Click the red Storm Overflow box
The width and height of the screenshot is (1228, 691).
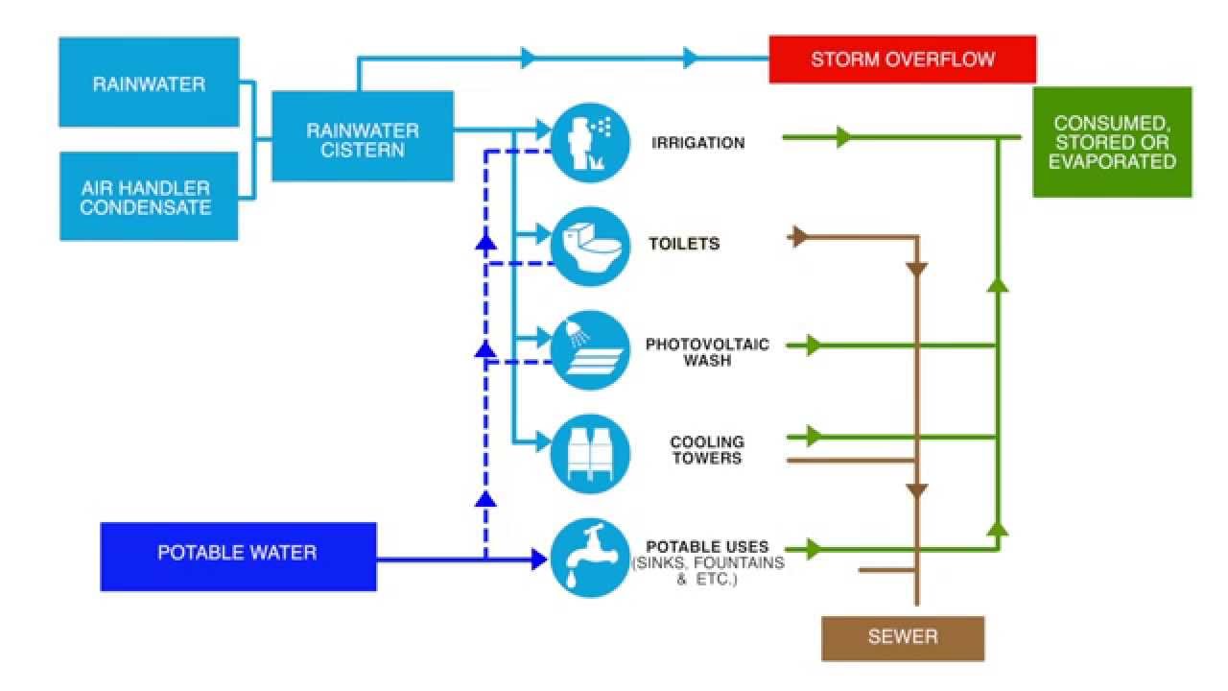click(x=902, y=60)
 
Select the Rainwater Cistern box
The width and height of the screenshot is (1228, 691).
click(x=362, y=136)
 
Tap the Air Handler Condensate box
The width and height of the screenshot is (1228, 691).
click(x=148, y=196)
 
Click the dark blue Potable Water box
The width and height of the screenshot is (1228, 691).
click(x=237, y=554)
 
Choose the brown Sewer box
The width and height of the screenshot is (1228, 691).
click(x=902, y=637)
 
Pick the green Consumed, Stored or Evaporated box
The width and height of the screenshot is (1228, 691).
click(x=1111, y=142)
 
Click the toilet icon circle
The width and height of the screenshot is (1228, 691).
click(x=589, y=246)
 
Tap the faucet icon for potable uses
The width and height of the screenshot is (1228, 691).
click(x=589, y=557)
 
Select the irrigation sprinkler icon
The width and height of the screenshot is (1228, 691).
click(x=589, y=143)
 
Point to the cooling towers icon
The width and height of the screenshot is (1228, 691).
click(x=589, y=452)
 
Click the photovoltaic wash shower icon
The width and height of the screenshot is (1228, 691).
click(x=589, y=349)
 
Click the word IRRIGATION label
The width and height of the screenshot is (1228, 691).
click(x=697, y=143)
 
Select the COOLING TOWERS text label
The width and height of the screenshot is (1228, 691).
click(x=706, y=450)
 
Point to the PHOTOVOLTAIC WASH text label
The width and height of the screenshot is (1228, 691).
click(x=707, y=352)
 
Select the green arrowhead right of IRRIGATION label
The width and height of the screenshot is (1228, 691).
click(x=842, y=137)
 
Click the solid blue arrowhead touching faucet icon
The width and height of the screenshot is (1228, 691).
click(x=539, y=559)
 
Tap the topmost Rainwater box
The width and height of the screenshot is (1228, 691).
click(x=148, y=83)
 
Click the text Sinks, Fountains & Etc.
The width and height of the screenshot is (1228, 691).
click(x=707, y=571)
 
